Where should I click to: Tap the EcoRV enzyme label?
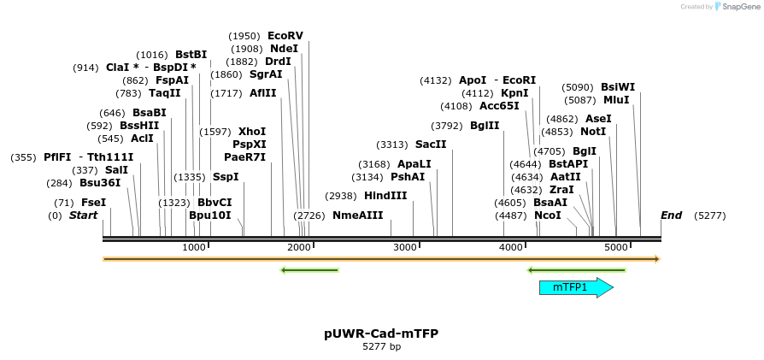[285, 36]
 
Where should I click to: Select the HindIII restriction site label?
[385, 195]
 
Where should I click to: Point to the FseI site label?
[93, 203]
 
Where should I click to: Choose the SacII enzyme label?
[431, 145]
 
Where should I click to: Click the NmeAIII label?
[358, 215]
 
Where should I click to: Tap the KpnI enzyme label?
[514, 93]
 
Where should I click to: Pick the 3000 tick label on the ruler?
[405, 247]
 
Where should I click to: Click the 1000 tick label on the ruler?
[194, 247]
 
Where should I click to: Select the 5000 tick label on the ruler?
[616, 247]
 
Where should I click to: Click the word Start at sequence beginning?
[83, 215]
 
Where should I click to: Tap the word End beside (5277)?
[672, 215]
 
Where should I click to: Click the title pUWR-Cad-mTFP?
[381, 333]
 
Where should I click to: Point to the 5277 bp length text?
[381, 346]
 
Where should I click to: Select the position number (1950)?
[244, 36]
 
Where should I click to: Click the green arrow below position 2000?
[310, 270]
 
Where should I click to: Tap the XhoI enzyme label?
[252, 132]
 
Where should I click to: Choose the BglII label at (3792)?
[485, 126]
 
